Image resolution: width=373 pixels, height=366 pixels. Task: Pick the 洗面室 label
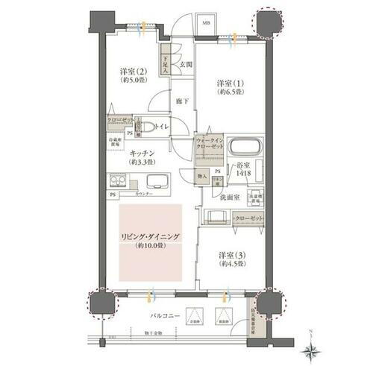tap(228, 197)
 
